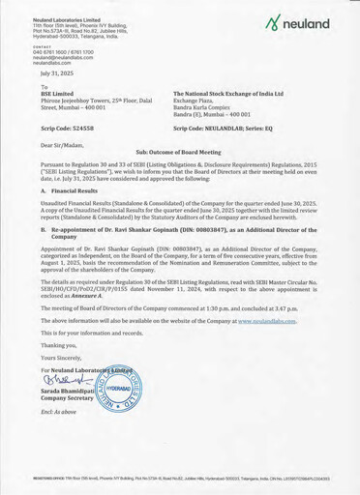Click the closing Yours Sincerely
pos(62,355)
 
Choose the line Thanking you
pos(58,344)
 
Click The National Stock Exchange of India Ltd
pos(228,94)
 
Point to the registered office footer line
pos(180,478)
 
